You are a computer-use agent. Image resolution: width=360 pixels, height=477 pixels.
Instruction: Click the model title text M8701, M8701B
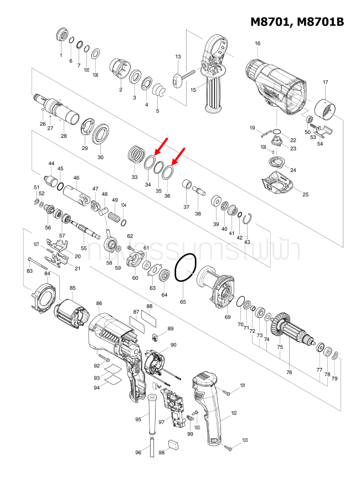pos(297,22)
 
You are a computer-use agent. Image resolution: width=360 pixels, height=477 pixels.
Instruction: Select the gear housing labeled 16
pos(274,86)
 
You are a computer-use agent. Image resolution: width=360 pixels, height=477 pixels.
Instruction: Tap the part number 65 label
pos(183,302)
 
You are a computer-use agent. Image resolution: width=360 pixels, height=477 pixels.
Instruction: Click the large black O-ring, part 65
pos(186,269)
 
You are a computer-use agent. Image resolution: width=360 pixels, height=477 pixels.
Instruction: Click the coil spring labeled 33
pos(136,153)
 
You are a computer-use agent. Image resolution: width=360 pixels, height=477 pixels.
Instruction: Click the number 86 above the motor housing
pos(99,303)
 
